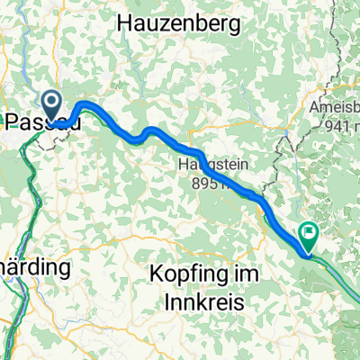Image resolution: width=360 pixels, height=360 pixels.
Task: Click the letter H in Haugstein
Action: point(184,165)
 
